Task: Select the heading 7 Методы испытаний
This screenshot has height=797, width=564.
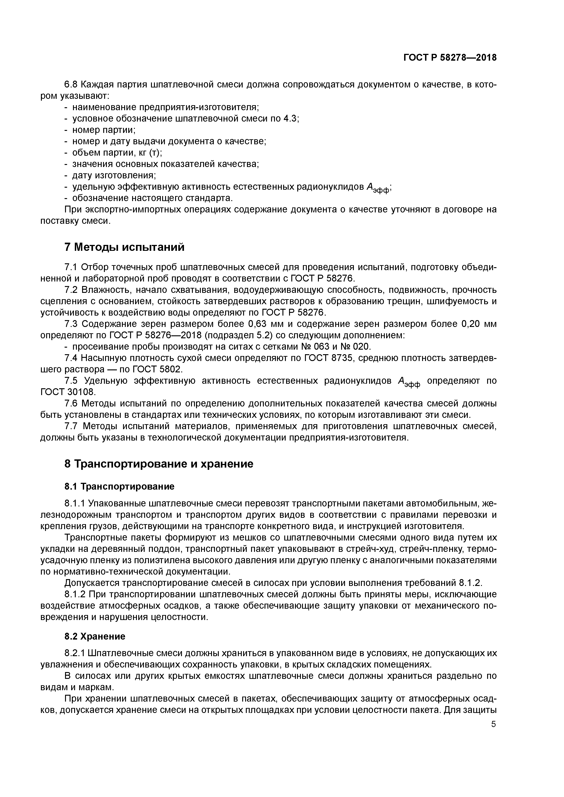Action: [124, 247]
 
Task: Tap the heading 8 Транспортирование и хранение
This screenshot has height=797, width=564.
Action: [159, 464]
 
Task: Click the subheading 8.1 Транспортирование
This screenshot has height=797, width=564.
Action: [119, 487]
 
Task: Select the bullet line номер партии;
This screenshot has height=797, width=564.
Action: [103, 130]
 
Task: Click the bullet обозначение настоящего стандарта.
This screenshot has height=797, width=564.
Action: [152, 198]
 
